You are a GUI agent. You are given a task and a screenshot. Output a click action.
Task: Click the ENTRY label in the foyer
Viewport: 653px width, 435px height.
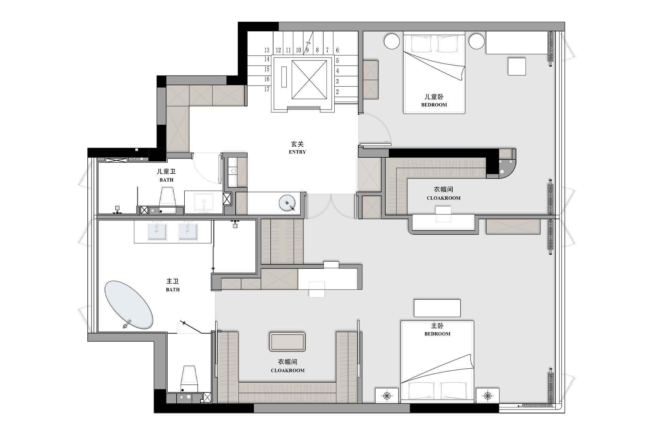coord(297,152)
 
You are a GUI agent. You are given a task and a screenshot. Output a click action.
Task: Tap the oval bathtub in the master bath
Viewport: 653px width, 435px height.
coord(129,305)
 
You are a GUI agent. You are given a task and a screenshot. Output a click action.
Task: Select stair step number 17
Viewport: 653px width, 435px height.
coord(267,89)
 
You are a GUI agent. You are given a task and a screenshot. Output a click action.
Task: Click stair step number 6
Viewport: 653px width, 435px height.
coord(337,50)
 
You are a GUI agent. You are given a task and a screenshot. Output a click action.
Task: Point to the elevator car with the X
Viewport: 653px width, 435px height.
coord(309,80)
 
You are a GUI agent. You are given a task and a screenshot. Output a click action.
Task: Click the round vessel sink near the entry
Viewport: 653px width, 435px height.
coord(287,203)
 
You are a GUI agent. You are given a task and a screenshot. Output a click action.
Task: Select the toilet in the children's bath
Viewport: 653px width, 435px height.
coord(167,201)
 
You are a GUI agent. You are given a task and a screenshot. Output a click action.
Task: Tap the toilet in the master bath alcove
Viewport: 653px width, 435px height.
coord(189,379)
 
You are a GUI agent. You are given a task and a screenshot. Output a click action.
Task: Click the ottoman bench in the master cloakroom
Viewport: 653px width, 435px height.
coord(287,342)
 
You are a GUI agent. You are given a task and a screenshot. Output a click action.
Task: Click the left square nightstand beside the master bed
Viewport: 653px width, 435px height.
coord(387,396)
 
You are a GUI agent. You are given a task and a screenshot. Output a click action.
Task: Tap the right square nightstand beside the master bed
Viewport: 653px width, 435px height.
coord(488,396)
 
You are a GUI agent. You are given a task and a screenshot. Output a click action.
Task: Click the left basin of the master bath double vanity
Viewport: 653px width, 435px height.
coord(157,232)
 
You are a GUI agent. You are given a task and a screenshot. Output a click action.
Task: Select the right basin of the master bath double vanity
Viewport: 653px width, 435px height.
coord(188,232)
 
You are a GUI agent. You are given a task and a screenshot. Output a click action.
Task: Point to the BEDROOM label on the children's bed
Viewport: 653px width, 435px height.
coord(434,105)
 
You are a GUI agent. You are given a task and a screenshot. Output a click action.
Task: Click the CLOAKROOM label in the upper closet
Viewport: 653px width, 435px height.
coord(443,198)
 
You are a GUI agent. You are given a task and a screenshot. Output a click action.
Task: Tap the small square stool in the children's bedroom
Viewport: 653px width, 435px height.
coord(517,66)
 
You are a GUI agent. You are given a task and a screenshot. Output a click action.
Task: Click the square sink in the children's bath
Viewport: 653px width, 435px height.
coord(203,203)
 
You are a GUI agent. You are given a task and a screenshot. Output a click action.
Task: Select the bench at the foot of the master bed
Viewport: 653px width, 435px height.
coord(437,308)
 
